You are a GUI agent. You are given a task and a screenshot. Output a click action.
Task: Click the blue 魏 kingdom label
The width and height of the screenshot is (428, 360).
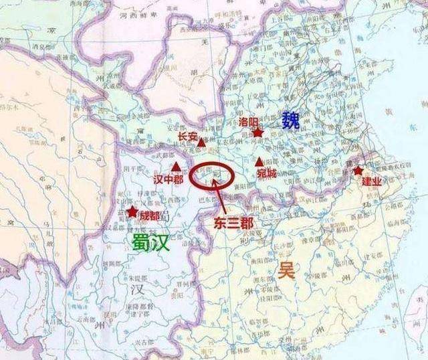pyautogui.click(x=291, y=120)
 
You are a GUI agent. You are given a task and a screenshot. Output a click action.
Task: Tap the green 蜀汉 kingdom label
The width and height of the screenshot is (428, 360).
pyautogui.click(x=151, y=242)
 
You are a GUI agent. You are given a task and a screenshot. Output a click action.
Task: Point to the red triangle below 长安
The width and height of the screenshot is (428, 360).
pyautogui.click(x=201, y=143)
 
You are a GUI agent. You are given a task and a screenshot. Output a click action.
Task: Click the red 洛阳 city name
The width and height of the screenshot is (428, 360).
pyautogui.click(x=248, y=120)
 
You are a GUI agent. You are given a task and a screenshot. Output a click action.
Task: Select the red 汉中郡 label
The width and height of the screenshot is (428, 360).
pyautogui.click(x=168, y=180)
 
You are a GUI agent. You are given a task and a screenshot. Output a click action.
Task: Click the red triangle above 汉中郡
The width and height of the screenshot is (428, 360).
pyautogui.click(x=175, y=166)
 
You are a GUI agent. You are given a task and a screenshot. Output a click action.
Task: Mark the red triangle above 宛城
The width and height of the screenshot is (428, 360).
pyautogui.click(x=259, y=161)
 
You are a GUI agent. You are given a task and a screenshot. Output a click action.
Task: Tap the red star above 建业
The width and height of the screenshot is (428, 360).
pyautogui.click(x=358, y=171)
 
